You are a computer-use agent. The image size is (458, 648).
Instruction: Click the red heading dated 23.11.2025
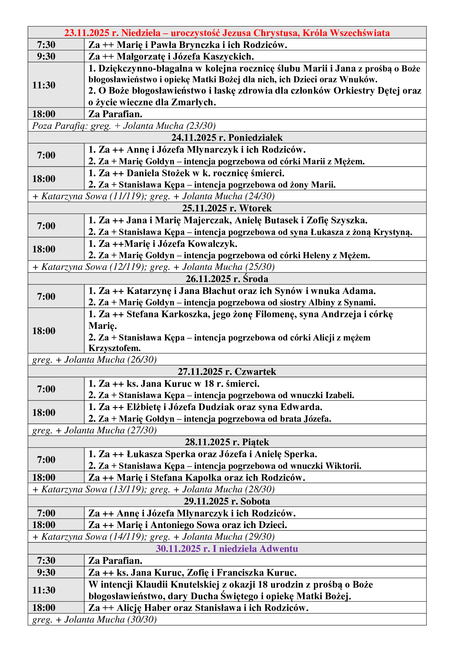coord(227,33)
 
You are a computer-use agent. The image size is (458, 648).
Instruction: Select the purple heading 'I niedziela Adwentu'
coord(227,548)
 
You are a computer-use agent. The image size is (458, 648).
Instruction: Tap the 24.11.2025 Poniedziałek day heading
coord(227,137)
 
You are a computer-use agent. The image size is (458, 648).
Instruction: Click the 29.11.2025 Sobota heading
coord(227,501)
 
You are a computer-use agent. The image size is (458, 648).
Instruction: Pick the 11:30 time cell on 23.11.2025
coord(44,85)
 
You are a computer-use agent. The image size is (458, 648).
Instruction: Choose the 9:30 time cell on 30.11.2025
coord(46,572)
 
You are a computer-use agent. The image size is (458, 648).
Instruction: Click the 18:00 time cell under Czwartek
coord(44,412)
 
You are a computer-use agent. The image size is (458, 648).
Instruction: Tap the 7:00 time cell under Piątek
coord(46,459)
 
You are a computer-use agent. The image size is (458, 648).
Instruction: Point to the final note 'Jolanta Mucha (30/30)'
coord(110,619)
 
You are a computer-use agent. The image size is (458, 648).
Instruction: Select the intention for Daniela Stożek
coord(186,173)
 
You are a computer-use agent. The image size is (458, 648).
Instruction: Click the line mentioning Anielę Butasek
coord(228,220)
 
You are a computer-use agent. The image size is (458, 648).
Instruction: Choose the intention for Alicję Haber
coord(198,607)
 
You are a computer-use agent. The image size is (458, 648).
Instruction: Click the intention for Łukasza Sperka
coord(202,454)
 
